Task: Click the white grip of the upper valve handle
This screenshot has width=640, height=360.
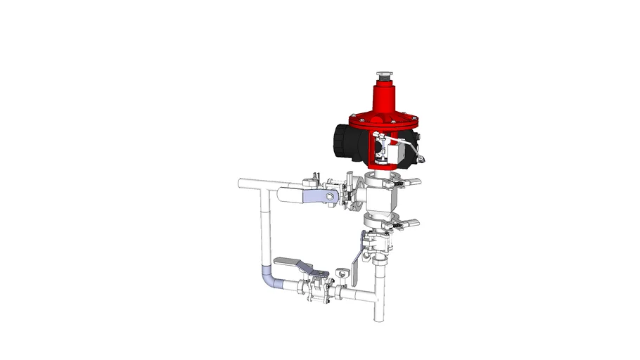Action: (x=292, y=196)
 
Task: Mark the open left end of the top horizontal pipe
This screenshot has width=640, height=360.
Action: (x=242, y=184)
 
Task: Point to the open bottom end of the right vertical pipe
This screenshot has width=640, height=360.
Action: (x=378, y=320)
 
